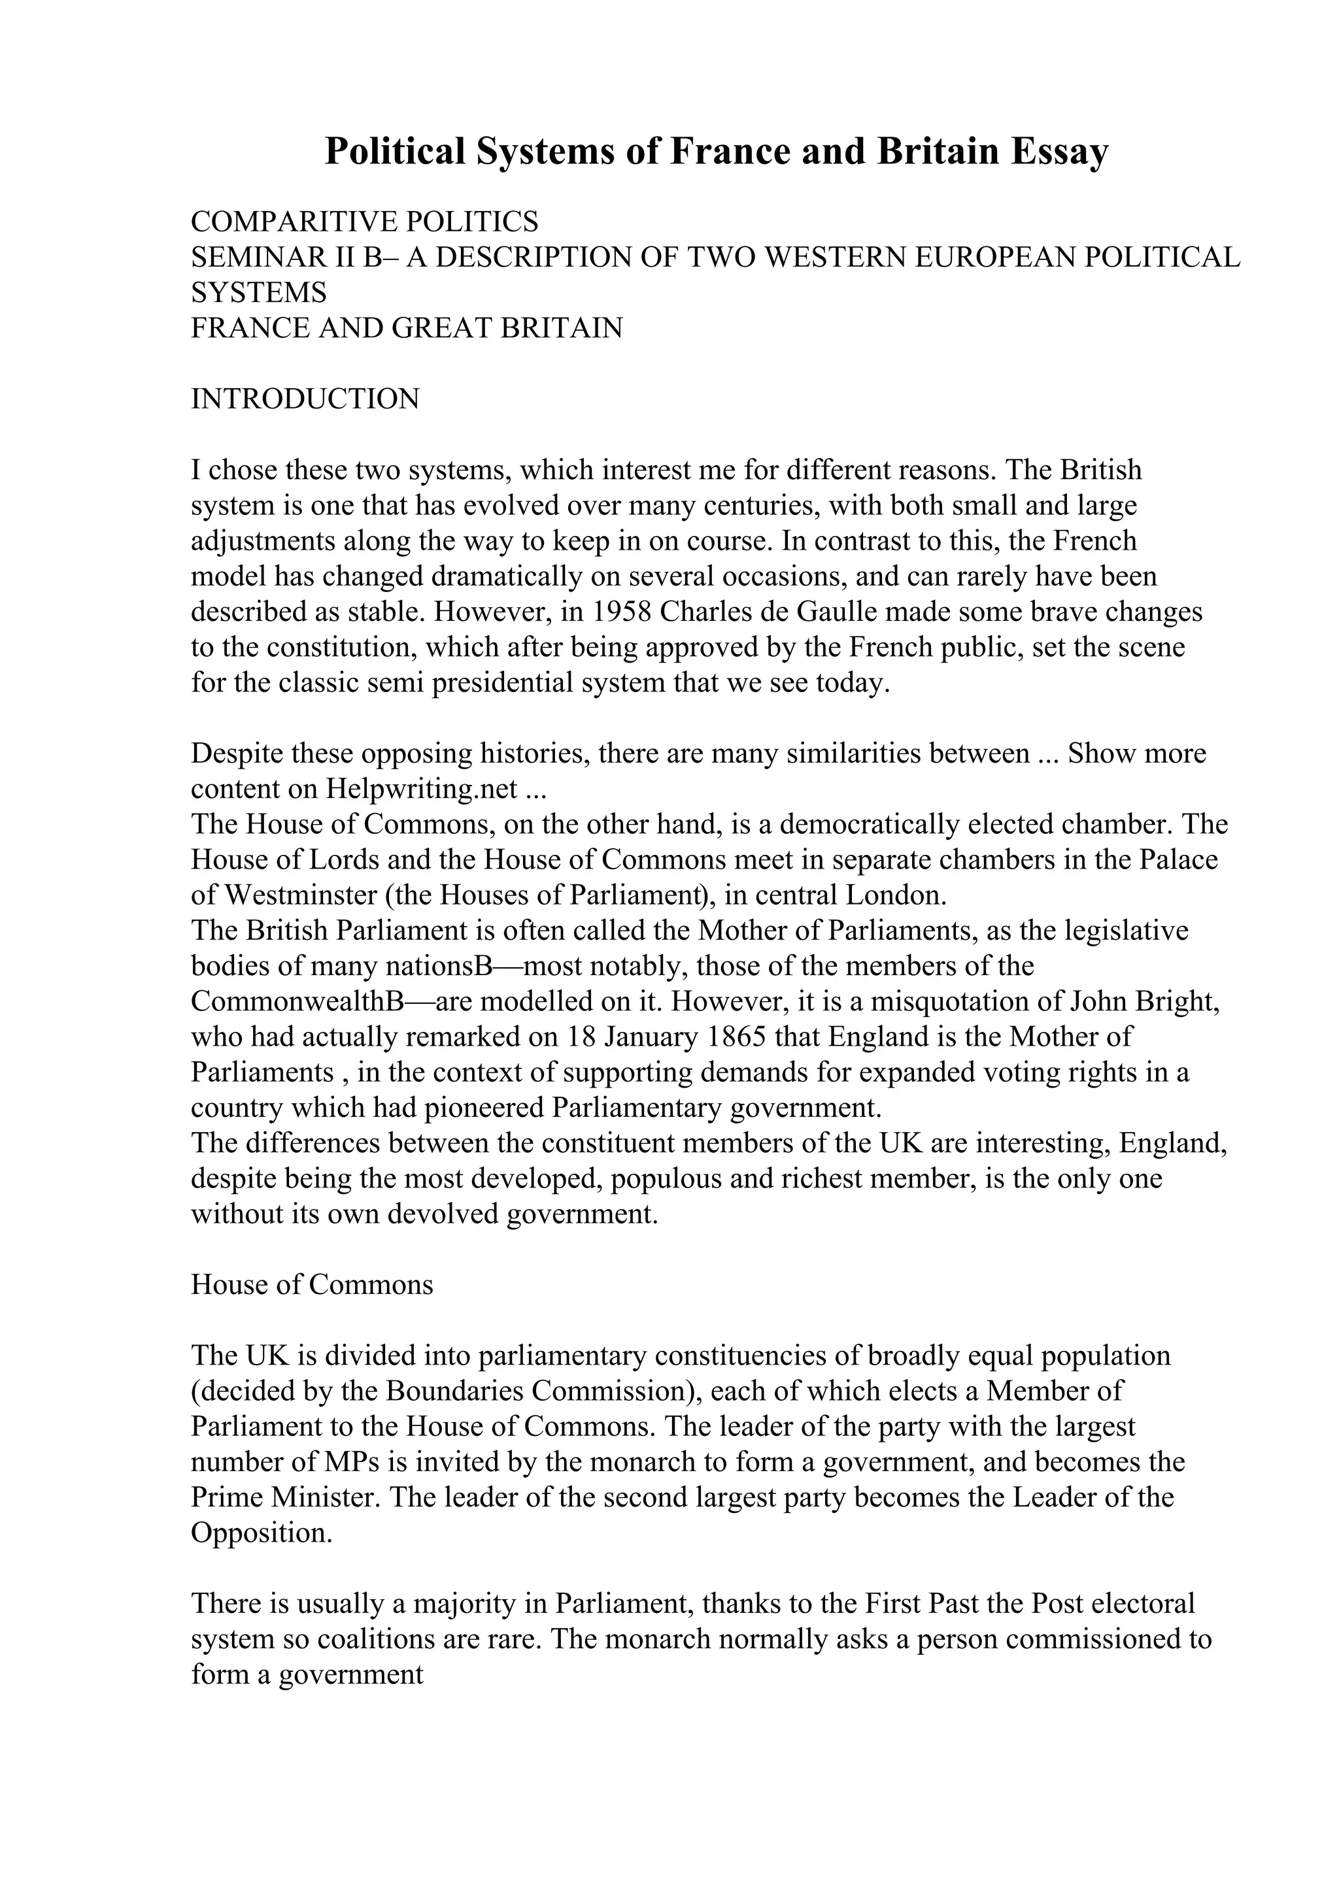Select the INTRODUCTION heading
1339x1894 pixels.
(305, 399)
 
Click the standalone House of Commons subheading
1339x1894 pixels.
(312, 1285)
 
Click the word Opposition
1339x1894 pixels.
(261, 1533)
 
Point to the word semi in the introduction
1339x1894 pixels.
(396, 683)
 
